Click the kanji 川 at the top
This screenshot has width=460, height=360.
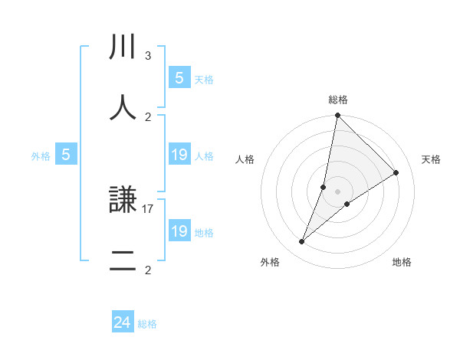(x=123, y=47)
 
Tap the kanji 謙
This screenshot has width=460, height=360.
(x=123, y=201)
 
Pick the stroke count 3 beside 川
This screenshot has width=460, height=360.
(x=148, y=55)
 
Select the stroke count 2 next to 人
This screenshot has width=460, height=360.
(x=148, y=116)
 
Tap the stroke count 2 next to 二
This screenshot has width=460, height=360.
(x=148, y=270)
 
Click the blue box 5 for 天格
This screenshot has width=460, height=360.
(x=179, y=77)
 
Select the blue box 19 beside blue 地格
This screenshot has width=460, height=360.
(x=179, y=231)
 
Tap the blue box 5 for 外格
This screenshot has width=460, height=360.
(x=66, y=155)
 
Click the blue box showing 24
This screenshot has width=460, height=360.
(x=123, y=322)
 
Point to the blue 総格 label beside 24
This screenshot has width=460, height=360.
(x=147, y=324)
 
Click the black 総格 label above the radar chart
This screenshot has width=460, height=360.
(x=337, y=100)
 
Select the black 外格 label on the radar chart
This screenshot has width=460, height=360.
(x=270, y=262)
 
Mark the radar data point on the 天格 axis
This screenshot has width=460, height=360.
(x=396, y=173)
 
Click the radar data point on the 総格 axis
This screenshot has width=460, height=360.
(x=337, y=116)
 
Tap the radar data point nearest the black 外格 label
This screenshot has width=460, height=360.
(x=301, y=242)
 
